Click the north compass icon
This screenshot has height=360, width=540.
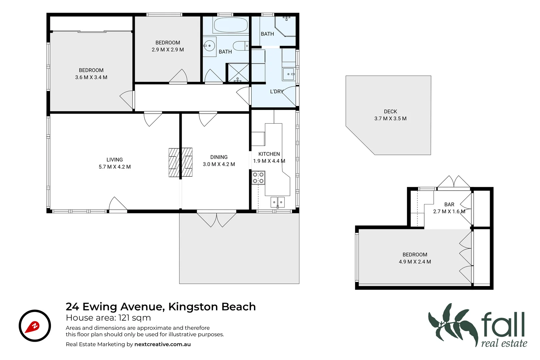point(35,326)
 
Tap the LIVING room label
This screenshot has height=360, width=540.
point(115,160)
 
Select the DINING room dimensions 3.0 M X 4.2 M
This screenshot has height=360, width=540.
point(219,164)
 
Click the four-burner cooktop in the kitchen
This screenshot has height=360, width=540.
point(258,178)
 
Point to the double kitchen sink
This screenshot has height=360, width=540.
point(277,202)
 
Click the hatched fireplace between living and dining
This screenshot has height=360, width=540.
point(180,162)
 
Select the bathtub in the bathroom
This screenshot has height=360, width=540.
point(230,25)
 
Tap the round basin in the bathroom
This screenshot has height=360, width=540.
point(209,46)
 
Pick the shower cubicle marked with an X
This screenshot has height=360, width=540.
point(238,72)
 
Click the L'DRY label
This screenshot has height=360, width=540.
point(277,91)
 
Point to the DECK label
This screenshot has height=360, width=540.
point(390,112)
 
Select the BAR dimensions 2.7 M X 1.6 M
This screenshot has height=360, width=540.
point(449,211)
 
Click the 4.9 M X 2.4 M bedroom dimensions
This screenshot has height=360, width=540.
point(415,262)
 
